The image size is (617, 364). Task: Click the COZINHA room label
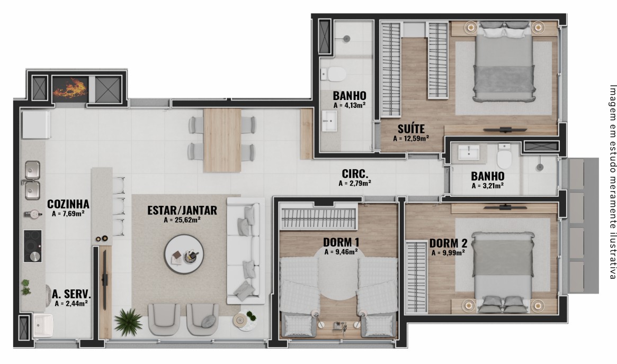[x=68, y=204]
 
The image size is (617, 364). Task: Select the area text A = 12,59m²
[x=411, y=139]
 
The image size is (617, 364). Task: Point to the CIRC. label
[x=355, y=174]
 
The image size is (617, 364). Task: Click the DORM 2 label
[x=448, y=243]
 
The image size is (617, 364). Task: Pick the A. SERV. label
[x=71, y=294]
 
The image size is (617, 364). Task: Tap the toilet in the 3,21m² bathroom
[x=504, y=156]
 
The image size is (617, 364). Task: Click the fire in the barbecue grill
[x=70, y=88]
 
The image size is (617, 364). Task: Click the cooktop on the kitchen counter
[x=33, y=246]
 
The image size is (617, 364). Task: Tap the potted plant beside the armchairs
[x=129, y=322]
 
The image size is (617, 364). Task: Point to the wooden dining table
[x=222, y=140]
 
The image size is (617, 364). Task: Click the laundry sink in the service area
[x=43, y=325]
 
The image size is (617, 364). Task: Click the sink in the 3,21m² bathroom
[x=469, y=152]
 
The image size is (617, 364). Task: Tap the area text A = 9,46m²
[x=341, y=252]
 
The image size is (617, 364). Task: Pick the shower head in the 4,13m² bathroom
[x=346, y=39]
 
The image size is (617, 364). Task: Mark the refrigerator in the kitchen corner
[x=36, y=125]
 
